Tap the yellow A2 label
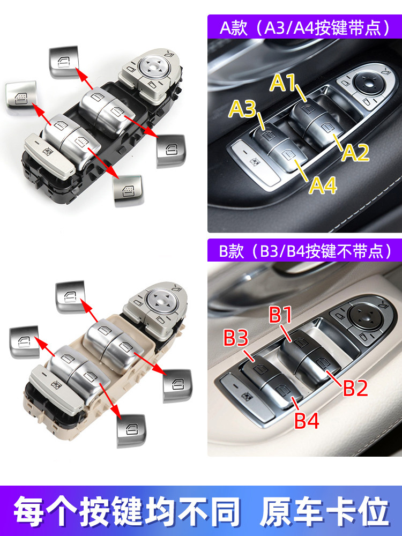(355, 152)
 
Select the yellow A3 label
(242, 109)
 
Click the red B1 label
(280, 315)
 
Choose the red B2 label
(355, 388)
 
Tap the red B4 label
(307, 420)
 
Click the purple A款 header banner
(304, 27)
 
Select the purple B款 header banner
(304, 250)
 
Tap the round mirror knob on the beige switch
(160, 301)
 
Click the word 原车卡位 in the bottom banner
(325, 512)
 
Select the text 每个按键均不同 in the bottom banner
(127, 512)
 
